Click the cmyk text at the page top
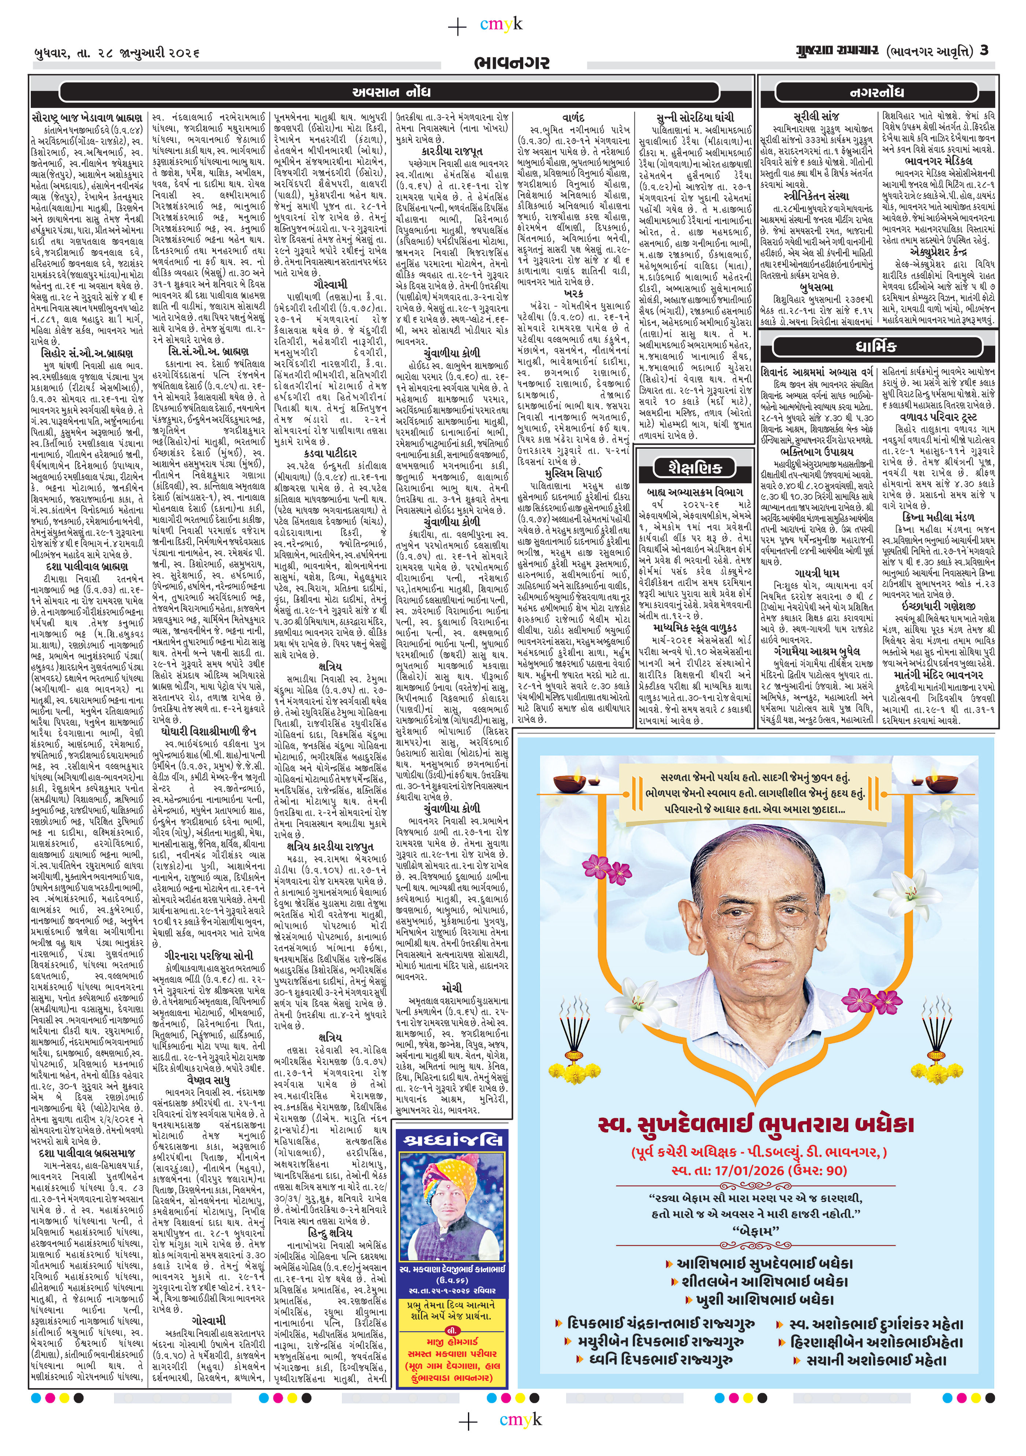click(x=501, y=24)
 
